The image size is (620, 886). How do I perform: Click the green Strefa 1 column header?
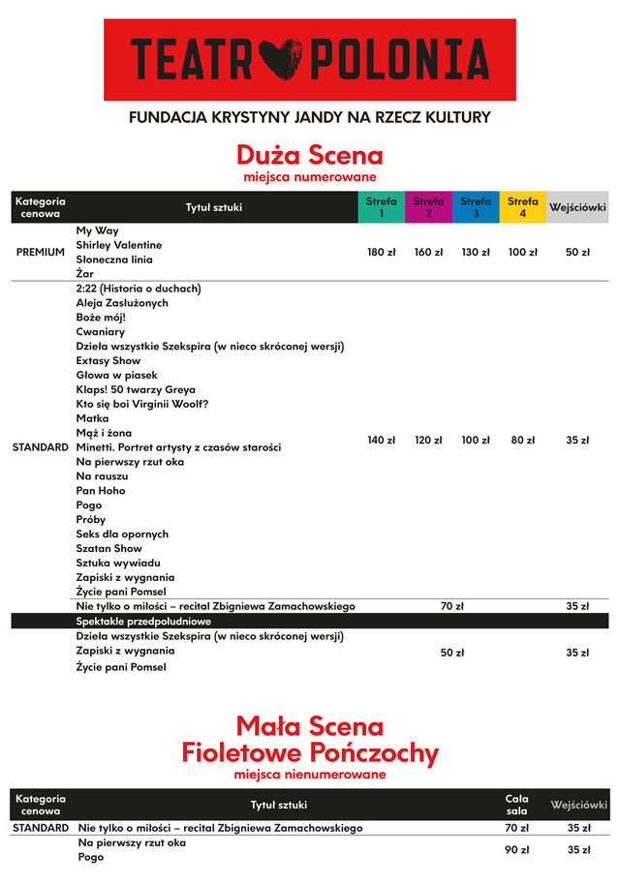[x=382, y=207]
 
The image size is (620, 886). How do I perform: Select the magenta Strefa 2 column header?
[x=428, y=207]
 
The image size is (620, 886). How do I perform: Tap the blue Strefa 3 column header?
[x=476, y=207]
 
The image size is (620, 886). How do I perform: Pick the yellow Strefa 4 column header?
[x=523, y=207]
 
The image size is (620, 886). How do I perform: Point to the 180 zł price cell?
[x=382, y=253]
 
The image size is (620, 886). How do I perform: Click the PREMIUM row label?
[x=40, y=253]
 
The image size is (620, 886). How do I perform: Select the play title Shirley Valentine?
[x=119, y=245]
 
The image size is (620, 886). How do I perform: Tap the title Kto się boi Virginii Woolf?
[x=142, y=404]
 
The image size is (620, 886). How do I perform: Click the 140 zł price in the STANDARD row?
[x=382, y=441]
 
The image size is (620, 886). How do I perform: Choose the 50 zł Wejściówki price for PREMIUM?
[x=578, y=253]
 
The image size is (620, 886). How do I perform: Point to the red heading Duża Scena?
[x=310, y=155]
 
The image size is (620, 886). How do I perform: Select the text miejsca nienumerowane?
[x=310, y=775]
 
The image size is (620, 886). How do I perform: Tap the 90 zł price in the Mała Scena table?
[x=516, y=850]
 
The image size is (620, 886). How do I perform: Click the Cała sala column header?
[x=516, y=805]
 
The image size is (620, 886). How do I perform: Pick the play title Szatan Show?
[x=109, y=548]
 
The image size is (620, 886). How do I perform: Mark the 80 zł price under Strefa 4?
[x=523, y=441]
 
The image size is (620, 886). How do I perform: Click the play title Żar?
[x=85, y=274]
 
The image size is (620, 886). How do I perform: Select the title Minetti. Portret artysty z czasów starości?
[x=178, y=447]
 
